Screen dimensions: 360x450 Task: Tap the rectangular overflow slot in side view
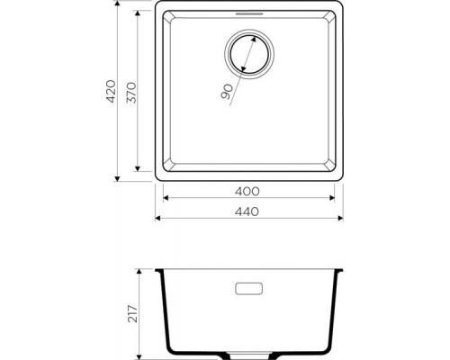[x=248, y=291]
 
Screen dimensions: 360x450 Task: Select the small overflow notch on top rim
[x=248, y=15]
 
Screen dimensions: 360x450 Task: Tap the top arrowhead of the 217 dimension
[x=140, y=271]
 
